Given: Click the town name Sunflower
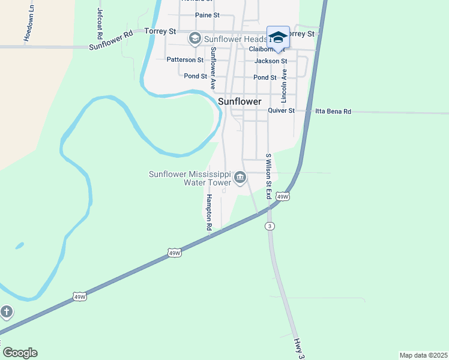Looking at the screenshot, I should tap(240, 101).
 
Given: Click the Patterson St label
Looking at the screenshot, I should tap(185, 60).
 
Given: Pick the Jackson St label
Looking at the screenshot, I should tap(271, 61).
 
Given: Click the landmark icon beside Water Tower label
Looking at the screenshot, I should tap(240, 177).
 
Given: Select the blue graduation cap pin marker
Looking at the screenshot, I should tap(278, 37).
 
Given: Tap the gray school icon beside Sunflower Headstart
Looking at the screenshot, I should tap(194, 39).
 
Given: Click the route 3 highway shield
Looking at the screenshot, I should tap(271, 226).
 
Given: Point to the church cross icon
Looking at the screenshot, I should tap(6, 311).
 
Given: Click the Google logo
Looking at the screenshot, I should tap(20, 353).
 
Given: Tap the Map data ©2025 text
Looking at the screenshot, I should tap(423, 355).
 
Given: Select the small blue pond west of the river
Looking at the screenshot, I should tap(20, 245).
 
